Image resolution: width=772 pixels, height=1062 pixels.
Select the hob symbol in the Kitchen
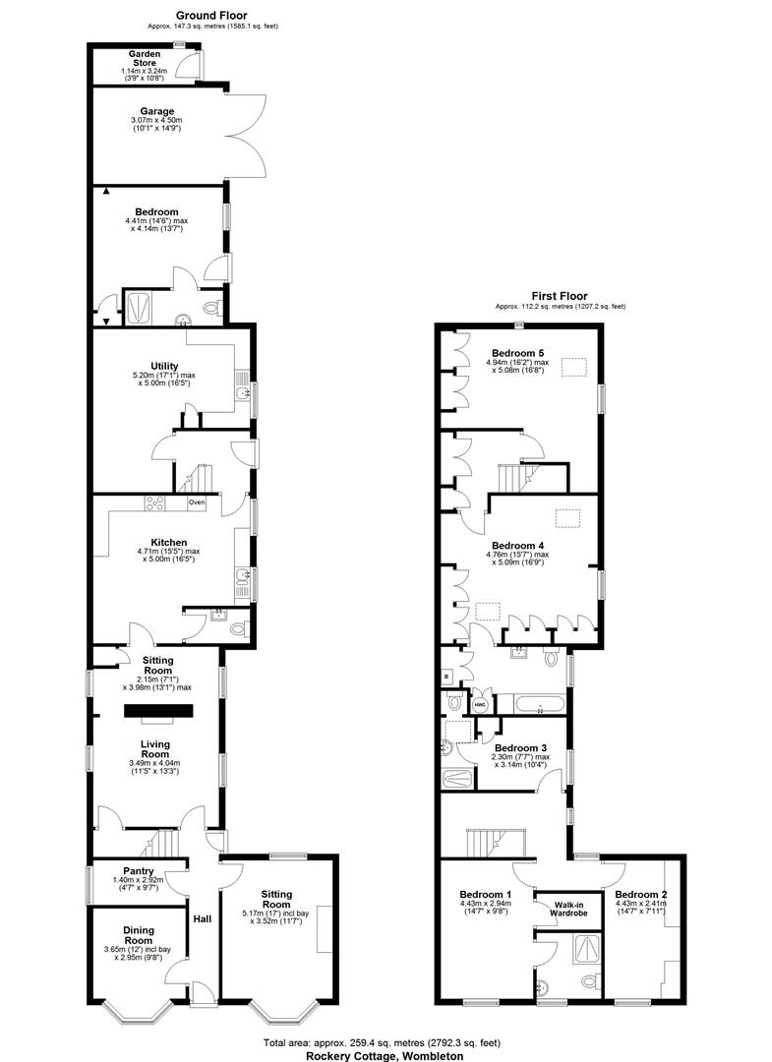[156, 503]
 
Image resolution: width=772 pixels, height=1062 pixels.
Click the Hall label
[202, 919]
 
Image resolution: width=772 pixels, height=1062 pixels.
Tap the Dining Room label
[139, 934]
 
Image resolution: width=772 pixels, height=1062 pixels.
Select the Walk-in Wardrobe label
[568, 909]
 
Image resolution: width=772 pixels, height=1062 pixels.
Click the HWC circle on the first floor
[482, 705]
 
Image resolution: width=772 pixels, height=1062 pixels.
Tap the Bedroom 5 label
[517, 353]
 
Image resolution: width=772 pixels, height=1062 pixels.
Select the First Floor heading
[560, 295]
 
